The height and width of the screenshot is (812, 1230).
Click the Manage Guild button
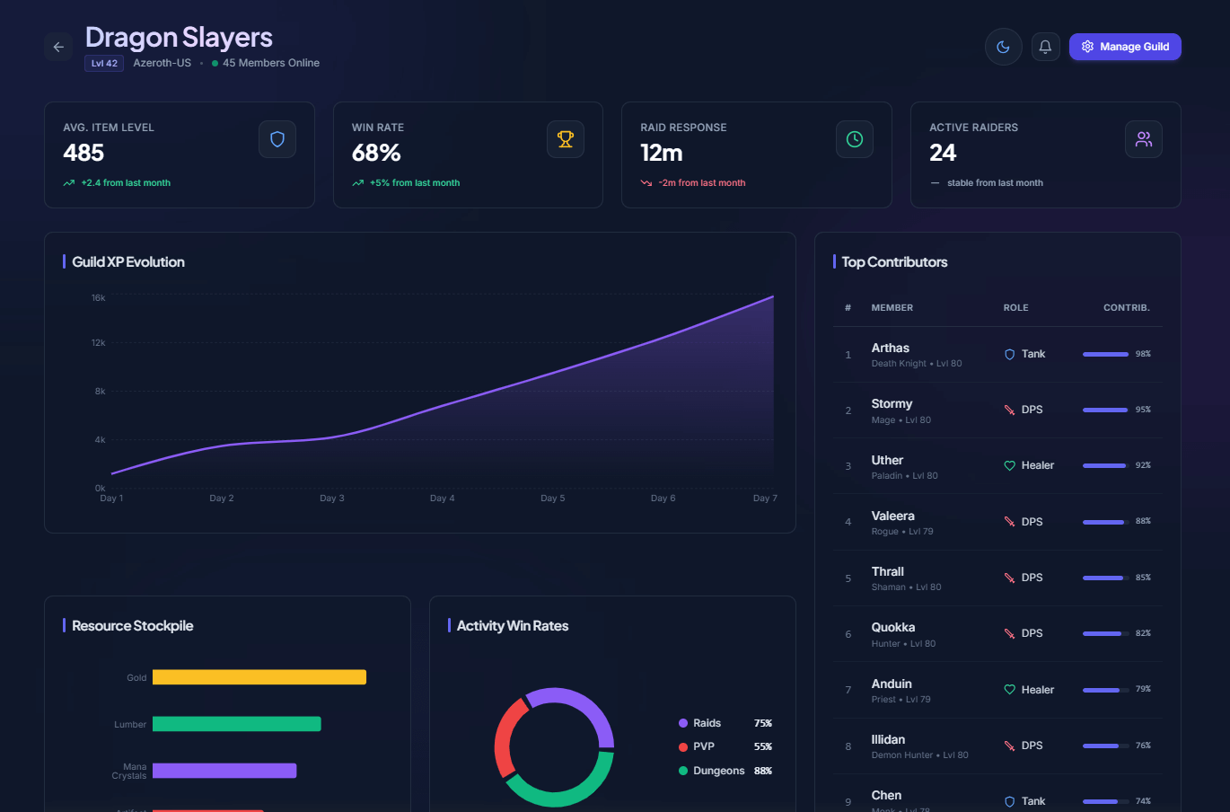pos(1125,47)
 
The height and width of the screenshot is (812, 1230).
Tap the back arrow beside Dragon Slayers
pos(58,47)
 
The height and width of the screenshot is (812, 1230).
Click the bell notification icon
pos(1045,47)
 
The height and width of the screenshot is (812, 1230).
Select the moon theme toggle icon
pos(1003,47)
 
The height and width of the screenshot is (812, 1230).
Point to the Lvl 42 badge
pos(104,64)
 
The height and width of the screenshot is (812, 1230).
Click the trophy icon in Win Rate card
pos(566,139)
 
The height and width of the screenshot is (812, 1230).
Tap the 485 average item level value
pos(83,153)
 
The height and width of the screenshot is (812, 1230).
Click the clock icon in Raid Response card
pos(855,139)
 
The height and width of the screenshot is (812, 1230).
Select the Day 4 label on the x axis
pos(442,499)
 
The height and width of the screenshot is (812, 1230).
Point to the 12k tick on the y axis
pos(99,343)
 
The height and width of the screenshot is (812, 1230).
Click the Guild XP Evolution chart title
pos(128,262)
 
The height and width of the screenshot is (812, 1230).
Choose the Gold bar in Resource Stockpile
pos(259,677)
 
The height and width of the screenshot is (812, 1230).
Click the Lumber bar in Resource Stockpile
pos(236,724)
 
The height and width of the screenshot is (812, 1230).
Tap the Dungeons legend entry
pos(718,771)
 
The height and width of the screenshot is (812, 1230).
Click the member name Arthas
pos(890,349)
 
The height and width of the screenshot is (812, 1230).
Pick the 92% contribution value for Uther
pos(1143,465)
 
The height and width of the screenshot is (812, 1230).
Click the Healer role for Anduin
pos(1037,690)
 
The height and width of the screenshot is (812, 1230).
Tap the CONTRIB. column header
pos(1126,308)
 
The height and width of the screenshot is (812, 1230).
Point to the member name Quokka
pos(892,628)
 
